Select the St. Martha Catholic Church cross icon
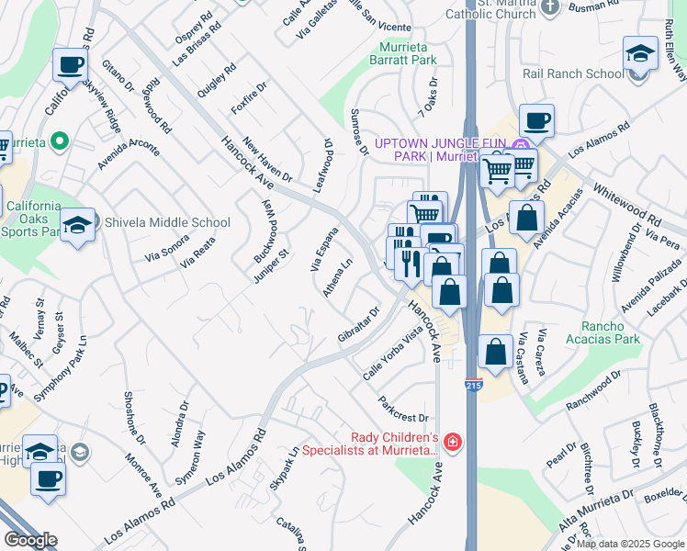(x=550, y=7)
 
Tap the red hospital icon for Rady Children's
(x=453, y=443)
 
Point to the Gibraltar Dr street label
(x=358, y=325)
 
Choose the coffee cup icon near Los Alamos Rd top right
(x=536, y=119)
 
